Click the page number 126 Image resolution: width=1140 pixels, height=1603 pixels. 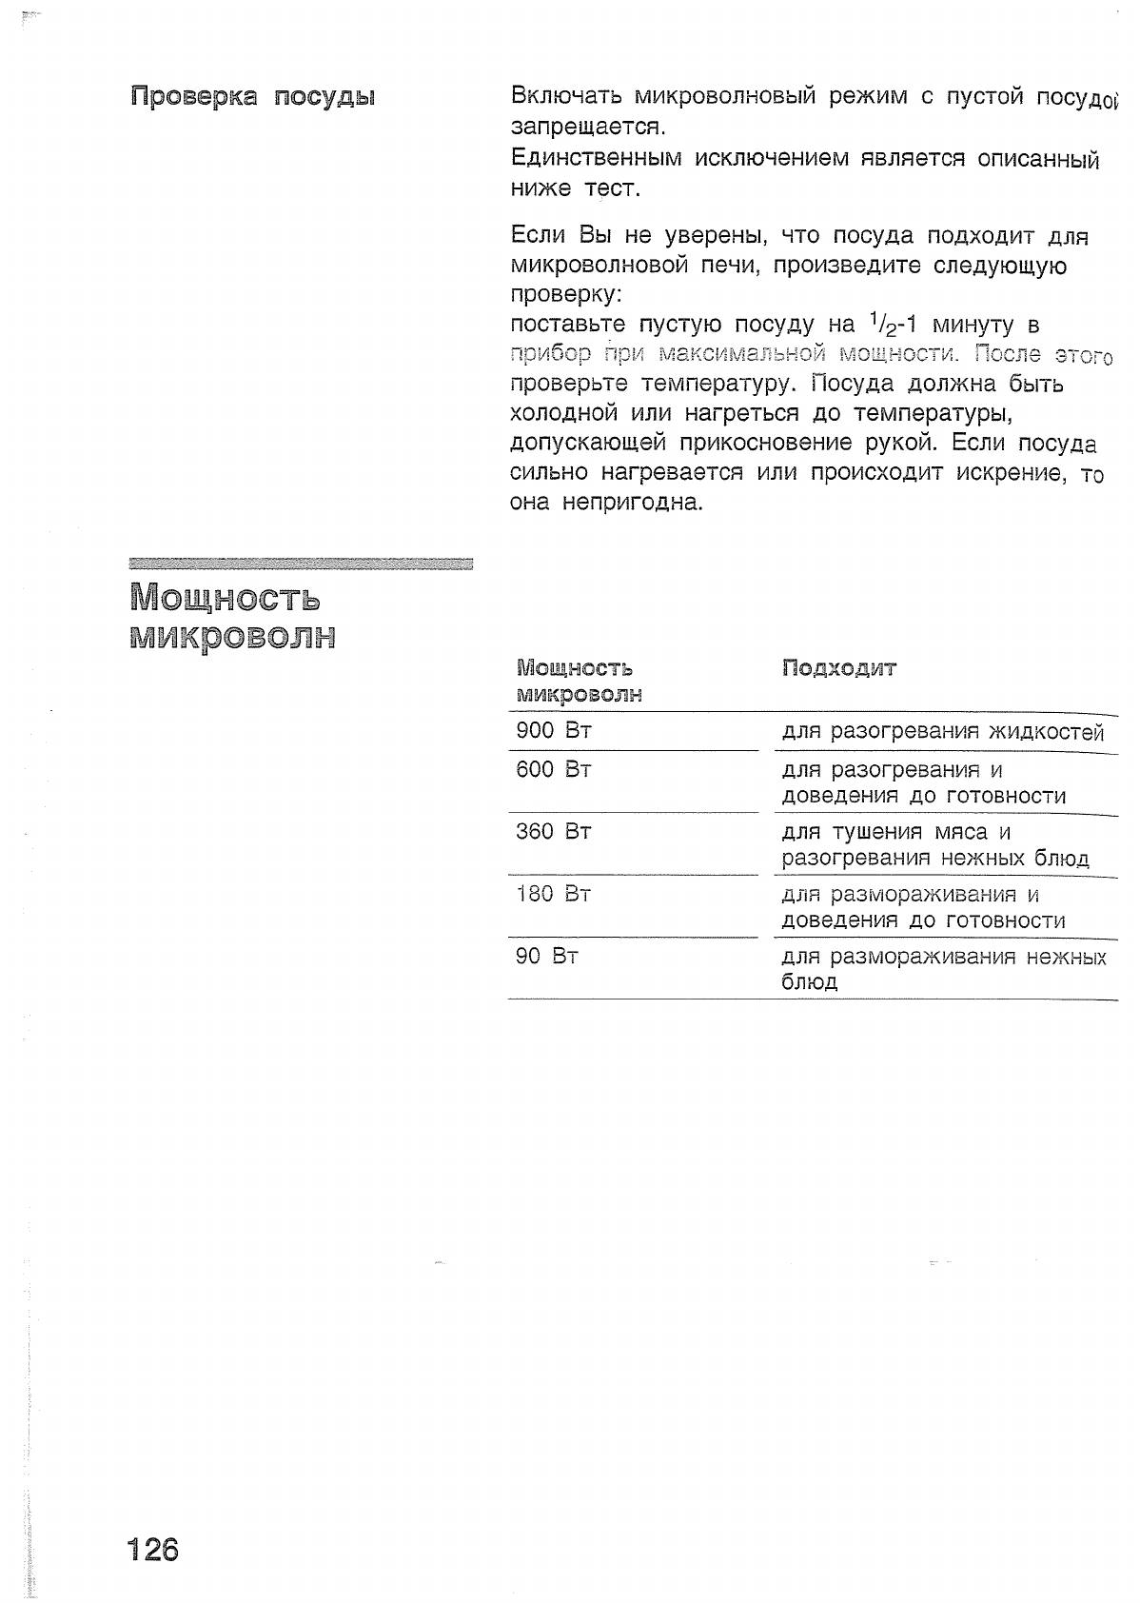click(x=152, y=1550)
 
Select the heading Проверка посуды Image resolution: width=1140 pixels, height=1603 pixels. click(x=252, y=97)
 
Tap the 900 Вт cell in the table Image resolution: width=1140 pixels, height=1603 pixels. click(x=554, y=731)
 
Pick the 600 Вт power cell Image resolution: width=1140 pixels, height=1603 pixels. click(x=554, y=769)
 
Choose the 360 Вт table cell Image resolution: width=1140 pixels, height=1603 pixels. click(x=554, y=832)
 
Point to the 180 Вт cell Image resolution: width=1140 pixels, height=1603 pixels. click(x=554, y=894)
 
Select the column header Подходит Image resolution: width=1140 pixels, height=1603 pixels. click(x=839, y=668)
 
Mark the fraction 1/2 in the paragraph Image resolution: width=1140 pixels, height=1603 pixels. click(x=884, y=324)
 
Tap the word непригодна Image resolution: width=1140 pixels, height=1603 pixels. click(x=632, y=502)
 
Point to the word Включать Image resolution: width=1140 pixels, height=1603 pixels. click(x=566, y=96)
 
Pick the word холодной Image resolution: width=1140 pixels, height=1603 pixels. click(x=563, y=414)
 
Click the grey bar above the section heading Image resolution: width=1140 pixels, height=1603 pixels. click(x=301, y=564)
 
